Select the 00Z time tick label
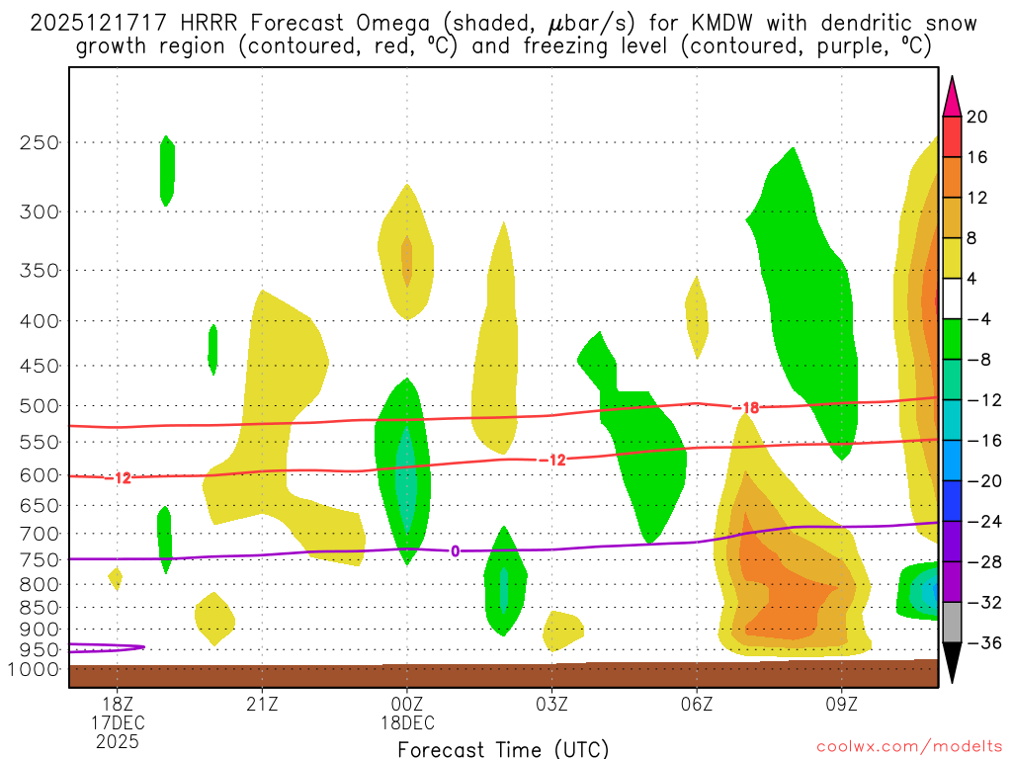[x=407, y=704]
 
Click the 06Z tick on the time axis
[x=697, y=704]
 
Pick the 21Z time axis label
[x=262, y=704]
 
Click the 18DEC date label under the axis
[x=407, y=722]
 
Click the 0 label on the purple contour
[x=455, y=551]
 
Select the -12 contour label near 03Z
[x=552, y=460]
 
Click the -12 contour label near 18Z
[x=121, y=478]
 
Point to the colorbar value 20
[x=976, y=117]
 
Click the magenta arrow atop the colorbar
[x=952, y=97]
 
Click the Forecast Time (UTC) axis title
[x=502, y=748]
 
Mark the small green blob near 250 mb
[x=167, y=171]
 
